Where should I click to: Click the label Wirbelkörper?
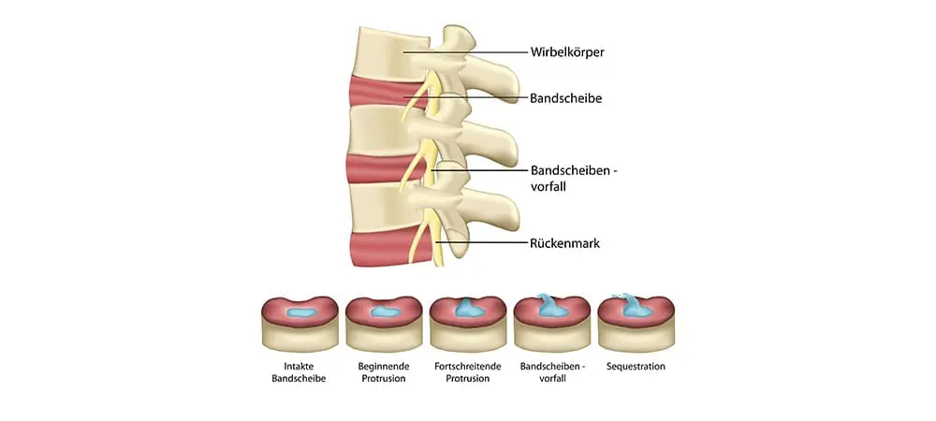tap(567, 52)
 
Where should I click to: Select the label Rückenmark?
tap(563, 243)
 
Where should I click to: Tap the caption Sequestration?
tap(636, 367)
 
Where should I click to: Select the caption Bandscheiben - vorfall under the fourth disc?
tap(551, 372)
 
